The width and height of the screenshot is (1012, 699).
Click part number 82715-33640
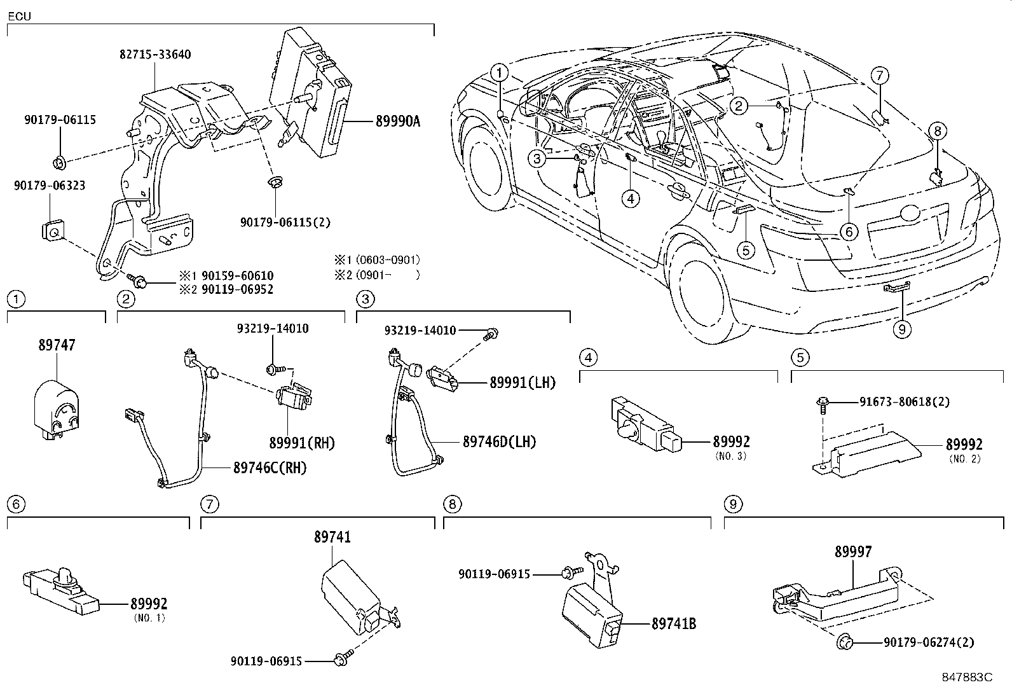point(155,55)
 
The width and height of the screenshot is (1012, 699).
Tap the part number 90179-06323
point(50,186)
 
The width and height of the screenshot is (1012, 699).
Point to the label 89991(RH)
point(301,443)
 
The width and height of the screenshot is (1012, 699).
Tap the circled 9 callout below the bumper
point(901,328)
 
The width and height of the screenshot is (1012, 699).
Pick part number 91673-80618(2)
point(905,402)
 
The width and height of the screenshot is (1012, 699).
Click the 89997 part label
point(853,552)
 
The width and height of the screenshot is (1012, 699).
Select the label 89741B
point(673,624)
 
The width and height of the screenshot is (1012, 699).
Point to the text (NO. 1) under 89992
point(149,618)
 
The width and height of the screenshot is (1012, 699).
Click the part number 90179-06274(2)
point(928,643)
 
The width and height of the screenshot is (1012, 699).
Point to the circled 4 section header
point(589,357)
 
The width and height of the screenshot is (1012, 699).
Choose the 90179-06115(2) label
point(285,222)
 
